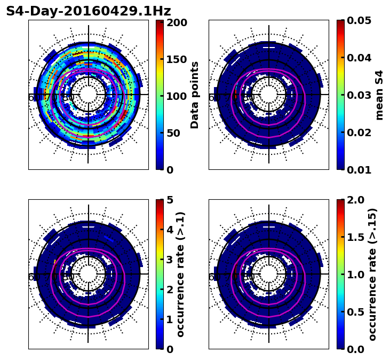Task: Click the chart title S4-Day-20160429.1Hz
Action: [88, 11]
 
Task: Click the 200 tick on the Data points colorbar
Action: [176, 22]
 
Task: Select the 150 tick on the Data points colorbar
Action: [176, 59]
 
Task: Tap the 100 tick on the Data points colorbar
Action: [176, 96]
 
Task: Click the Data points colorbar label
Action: [195, 95]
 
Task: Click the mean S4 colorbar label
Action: [379, 95]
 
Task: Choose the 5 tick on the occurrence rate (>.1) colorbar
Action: [170, 200]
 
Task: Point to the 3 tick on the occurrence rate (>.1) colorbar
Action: [170, 260]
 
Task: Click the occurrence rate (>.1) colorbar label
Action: [180, 275]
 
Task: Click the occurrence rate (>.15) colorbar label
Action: [372, 275]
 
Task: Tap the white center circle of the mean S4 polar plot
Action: [269, 95]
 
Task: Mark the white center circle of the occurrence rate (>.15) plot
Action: [269, 274]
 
